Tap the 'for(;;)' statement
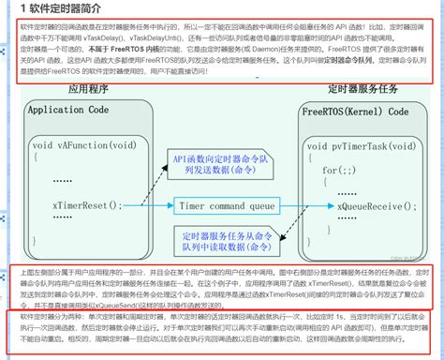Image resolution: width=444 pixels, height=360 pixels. [334, 170]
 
